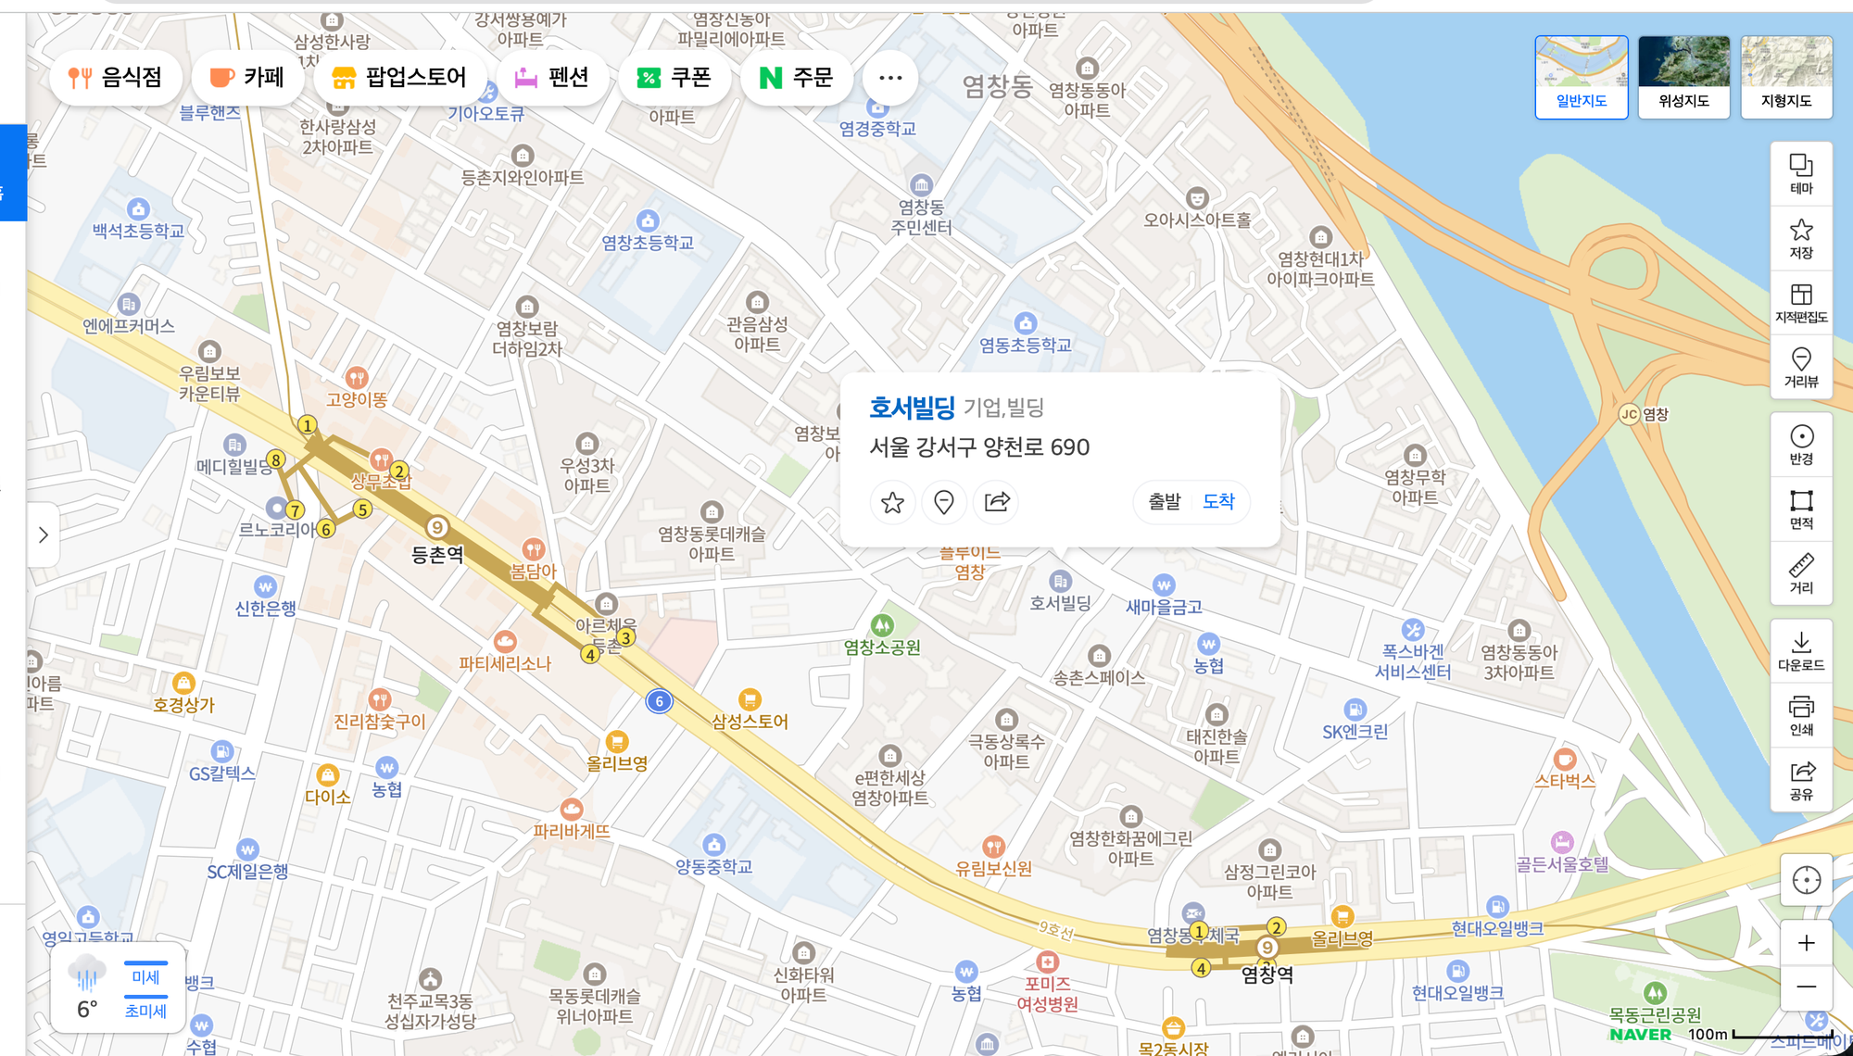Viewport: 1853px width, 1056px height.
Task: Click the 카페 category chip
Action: coord(246,78)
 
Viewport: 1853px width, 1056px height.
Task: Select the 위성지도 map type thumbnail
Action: coord(1683,77)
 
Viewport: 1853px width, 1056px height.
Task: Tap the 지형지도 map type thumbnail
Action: coord(1785,77)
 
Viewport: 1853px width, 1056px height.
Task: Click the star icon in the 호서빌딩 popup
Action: coord(892,502)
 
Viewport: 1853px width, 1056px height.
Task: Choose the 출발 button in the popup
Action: coord(1165,501)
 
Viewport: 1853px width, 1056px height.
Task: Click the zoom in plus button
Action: coord(1806,943)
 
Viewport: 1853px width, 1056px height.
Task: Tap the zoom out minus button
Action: coord(1806,987)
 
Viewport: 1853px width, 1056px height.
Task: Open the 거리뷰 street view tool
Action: coord(1801,367)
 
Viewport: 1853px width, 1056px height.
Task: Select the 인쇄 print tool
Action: coord(1801,715)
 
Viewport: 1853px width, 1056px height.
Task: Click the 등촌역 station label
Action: coord(437,555)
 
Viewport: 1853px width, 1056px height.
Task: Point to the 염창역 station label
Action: coord(1267,974)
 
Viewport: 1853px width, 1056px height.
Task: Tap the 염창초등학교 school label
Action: coord(648,243)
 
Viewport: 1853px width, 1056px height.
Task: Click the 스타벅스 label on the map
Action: coord(1564,781)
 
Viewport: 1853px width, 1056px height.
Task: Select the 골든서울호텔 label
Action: coord(1562,864)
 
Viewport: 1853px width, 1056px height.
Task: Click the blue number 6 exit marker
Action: coord(659,701)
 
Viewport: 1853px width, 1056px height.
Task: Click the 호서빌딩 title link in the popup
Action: coord(912,408)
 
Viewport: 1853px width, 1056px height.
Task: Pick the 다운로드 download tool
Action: coord(1801,651)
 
